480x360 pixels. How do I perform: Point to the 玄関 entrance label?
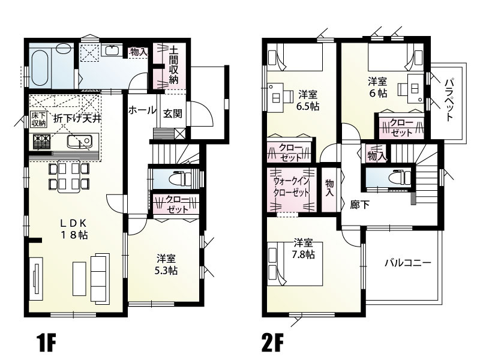(x=172, y=113)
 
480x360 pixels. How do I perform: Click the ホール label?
(x=142, y=110)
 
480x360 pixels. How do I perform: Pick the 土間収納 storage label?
(x=173, y=65)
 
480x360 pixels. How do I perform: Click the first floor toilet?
(x=179, y=178)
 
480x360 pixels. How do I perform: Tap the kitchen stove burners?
(x=41, y=142)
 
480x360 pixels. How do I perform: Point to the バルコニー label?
(x=407, y=262)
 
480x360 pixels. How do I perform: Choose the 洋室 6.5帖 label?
(x=308, y=100)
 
